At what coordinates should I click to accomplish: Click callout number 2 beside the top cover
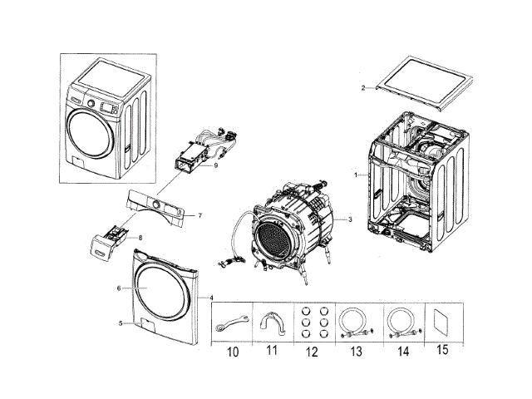tap(362, 87)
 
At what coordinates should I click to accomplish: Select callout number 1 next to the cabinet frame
tap(356, 175)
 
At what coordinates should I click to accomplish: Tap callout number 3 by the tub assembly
tap(351, 219)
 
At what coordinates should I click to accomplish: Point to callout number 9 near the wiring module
tap(215, 165)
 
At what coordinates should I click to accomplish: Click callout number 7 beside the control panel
tap(199, 216)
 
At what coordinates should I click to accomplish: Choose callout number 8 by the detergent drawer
tap(140, 238)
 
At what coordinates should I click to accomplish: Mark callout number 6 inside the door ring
tap(120, 288)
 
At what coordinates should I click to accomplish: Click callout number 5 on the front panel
tap(121, 323)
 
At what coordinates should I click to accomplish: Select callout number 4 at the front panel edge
tap(211, 297)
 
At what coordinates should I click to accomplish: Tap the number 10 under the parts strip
tap(233, 352)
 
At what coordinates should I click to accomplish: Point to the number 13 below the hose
tap(356, 352)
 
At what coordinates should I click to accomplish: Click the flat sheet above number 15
tap(441, 322)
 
